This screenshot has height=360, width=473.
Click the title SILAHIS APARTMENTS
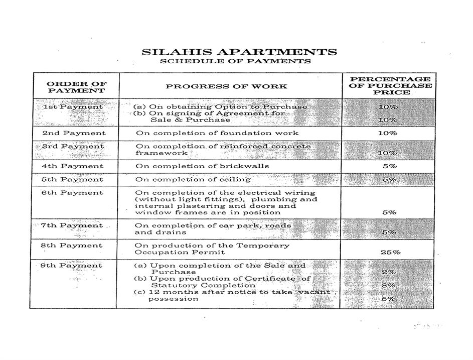click(x=239, y=52)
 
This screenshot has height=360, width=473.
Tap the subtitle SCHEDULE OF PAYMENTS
click(x=235, y=61)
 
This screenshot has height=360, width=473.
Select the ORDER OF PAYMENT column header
click(x=76, y=87)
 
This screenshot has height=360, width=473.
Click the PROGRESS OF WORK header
click(x=227, y=86)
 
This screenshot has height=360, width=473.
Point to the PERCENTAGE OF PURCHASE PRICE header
click(x=390, y=86)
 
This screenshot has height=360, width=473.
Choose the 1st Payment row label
click(x=73, y=107)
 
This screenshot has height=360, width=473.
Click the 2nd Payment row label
click(x=74, y=133)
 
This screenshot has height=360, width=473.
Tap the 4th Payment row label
click(x=73, y=166)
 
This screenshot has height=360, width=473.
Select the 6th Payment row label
click(x=73, y=193)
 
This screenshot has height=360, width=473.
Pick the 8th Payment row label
click(x=73, y=246)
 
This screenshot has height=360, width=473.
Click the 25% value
click(x=390, y=252)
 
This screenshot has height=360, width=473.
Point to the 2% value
click(x=389, y=272)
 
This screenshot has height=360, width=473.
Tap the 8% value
click(x=389, y=285)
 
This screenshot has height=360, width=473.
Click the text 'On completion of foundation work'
click(x=217, y=133)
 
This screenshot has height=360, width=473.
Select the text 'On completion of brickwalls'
click(x=202, y=166)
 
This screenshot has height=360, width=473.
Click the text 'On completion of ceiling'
click(x=193, y=179)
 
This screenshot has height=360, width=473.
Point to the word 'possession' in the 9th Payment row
click(x=173, y=299)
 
